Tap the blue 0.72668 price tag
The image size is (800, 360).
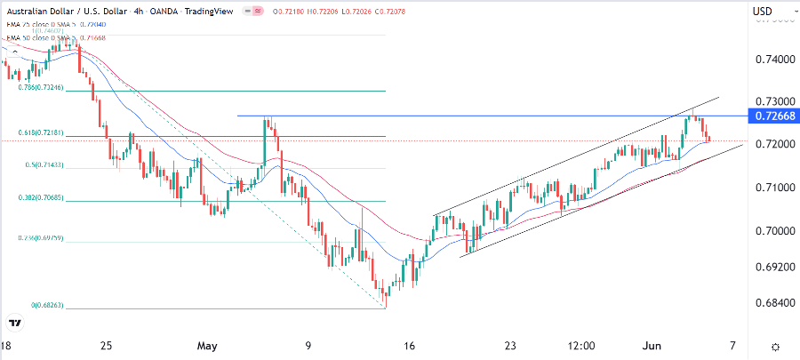[772, 116]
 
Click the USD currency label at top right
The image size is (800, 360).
[763, 11]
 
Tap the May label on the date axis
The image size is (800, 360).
[207, 346]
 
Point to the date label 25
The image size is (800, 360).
[106, 346]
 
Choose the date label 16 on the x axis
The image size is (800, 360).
[409, 346]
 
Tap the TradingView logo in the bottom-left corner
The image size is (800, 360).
[15, 323]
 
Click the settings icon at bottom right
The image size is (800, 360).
[775, 346]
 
